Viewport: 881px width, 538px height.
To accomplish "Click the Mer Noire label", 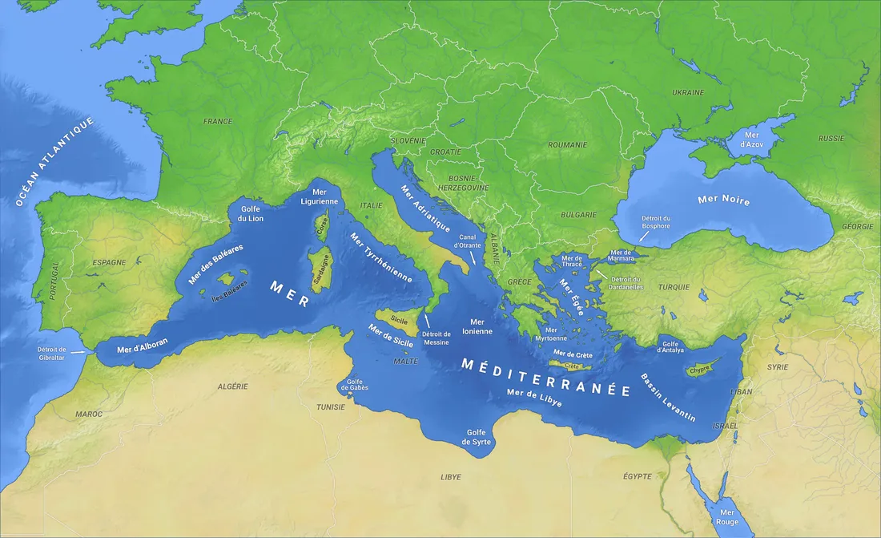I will point(724,200).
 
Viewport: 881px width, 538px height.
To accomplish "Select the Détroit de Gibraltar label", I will point(57,354).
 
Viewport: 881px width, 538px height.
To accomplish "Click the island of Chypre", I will point(699,370).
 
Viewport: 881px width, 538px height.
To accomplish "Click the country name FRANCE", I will point(218,122).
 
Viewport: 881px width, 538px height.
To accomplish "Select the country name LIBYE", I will point(451,477).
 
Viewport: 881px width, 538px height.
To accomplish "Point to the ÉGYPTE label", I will point(638,476).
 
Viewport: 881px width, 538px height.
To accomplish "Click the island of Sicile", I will point(398,319).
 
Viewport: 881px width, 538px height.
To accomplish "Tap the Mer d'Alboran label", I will point(143,346).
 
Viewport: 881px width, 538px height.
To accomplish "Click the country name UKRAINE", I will point(688,93).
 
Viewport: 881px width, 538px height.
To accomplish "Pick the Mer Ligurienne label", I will point(324,197).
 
